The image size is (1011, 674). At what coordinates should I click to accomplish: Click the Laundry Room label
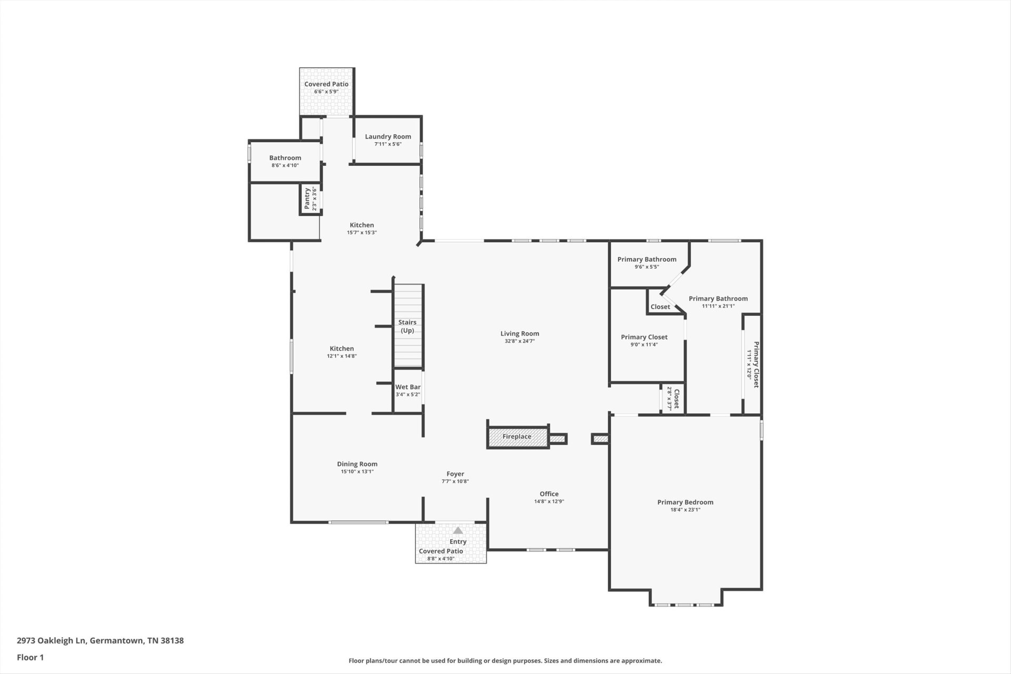coord(388,136)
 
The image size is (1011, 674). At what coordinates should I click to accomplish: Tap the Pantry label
coord(307,199)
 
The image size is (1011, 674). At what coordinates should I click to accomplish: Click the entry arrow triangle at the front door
coord(458,530)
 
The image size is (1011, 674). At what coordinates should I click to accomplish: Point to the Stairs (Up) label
coord(408,326)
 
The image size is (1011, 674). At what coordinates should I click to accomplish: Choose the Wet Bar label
coord(408,387)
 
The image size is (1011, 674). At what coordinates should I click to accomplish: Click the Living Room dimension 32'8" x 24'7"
coord(520,341)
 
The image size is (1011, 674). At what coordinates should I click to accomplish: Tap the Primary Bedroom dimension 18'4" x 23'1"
coord(685,510)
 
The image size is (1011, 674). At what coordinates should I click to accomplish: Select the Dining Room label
coord(358,464)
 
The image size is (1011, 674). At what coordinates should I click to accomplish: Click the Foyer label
coord(455,474)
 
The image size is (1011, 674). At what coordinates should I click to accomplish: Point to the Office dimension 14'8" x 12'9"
coord(549,502)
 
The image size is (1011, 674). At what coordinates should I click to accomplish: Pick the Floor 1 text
coord(31,657)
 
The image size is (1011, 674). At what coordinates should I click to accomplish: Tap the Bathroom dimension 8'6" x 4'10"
coord(285,165)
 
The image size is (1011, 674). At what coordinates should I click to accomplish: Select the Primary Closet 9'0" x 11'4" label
coord(644,341)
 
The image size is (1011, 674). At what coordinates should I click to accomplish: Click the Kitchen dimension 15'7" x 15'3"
coord(362,233)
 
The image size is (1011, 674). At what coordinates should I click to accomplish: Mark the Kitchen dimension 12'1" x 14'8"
coord(342,356)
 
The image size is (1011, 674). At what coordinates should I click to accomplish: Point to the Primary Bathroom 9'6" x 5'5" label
coord(647,263)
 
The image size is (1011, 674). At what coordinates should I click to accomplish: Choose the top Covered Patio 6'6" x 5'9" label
coord(326,87)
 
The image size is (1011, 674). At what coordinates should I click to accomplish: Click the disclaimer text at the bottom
coord(506,660)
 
